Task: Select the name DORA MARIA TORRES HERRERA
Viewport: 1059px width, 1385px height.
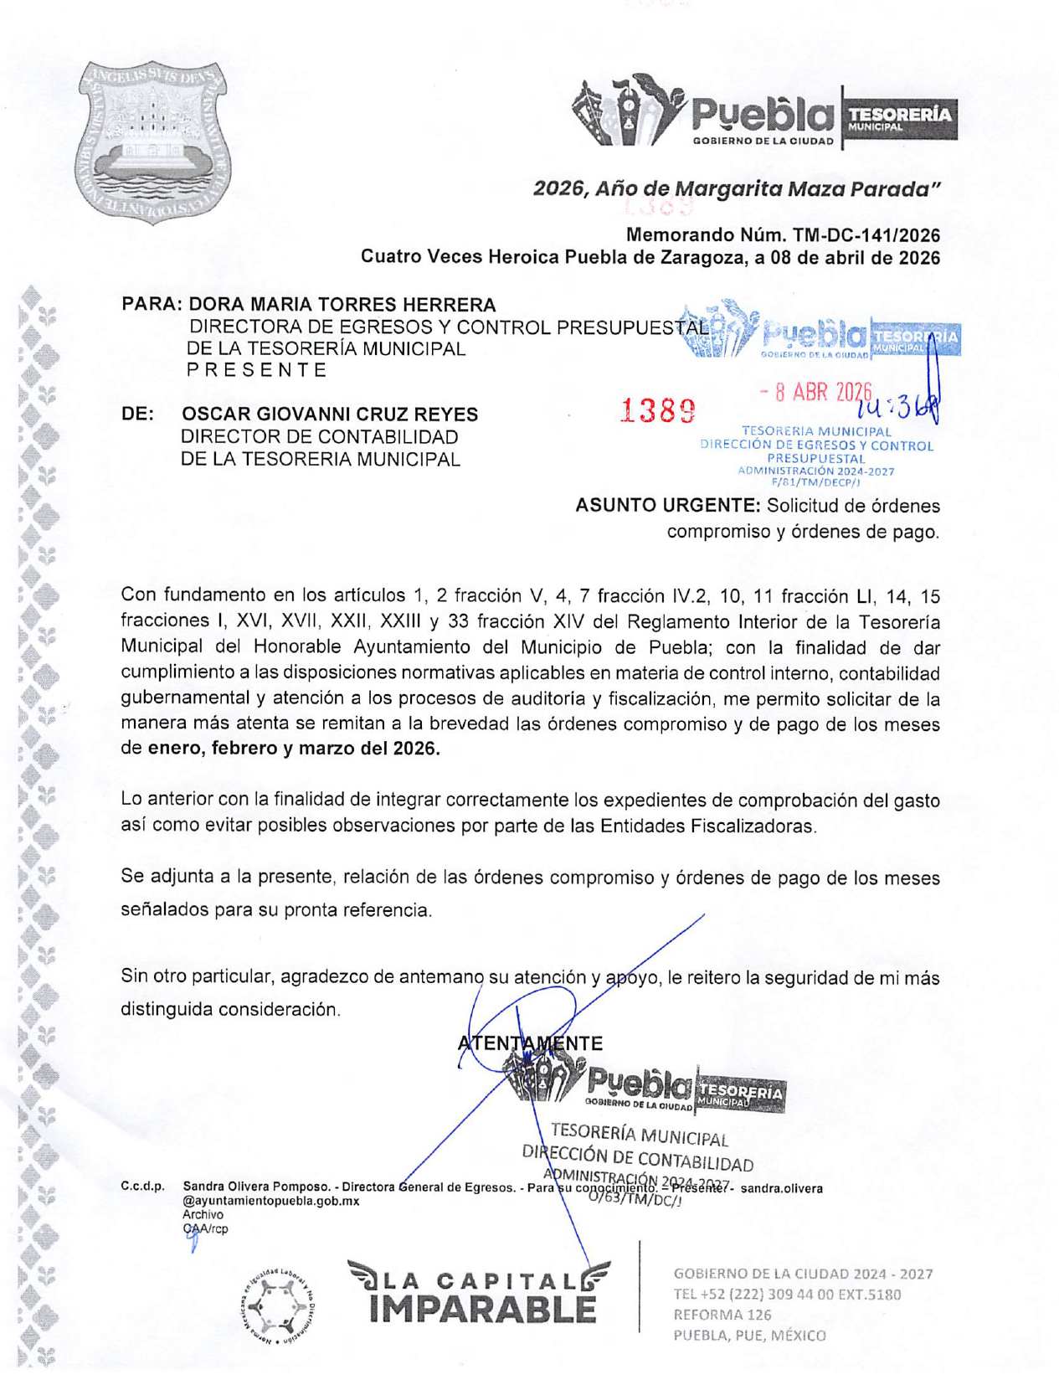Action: pos(342,305)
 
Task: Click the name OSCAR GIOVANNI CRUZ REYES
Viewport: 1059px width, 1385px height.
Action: pos(330,414)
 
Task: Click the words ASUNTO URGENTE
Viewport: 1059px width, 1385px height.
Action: pos(666,506)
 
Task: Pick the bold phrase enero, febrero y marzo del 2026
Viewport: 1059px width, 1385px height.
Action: pos(294,749)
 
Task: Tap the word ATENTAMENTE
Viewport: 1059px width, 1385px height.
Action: pos(530,1043)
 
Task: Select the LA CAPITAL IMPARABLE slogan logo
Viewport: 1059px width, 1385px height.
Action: pos(480,1294)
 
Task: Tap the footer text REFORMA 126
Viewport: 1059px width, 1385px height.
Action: pos(722,1315)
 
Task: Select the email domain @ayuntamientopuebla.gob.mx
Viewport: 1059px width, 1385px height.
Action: pos(270,1201)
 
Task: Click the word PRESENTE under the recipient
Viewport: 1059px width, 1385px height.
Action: pos(256,370)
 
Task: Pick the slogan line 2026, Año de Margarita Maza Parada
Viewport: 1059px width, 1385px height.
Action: pos(737,189)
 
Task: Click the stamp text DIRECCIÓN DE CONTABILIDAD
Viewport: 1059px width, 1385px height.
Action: pos(638,1159)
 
